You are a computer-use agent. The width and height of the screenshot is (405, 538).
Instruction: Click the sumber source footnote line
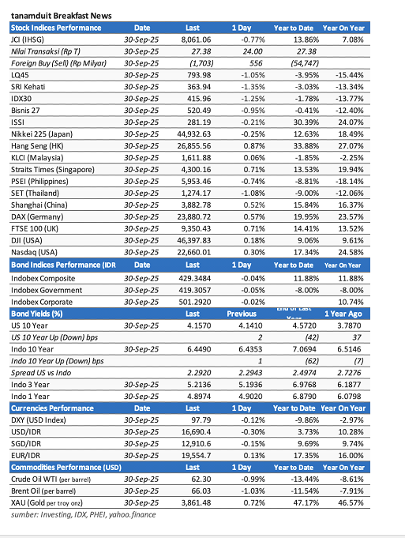click(83, 514)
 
